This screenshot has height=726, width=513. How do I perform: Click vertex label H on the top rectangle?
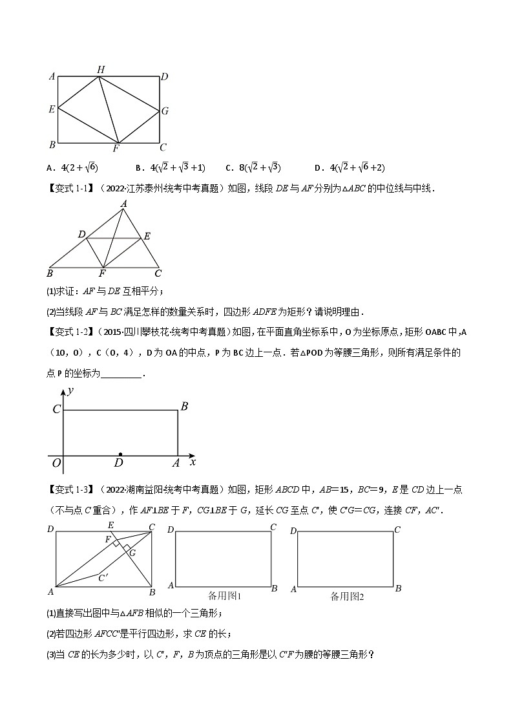click(x=101, y=70)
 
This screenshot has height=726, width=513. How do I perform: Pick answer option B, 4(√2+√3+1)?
click(x=171, y=168)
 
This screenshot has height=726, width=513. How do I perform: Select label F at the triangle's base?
click(x=103, y=274)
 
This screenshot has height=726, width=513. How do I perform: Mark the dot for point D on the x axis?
click(x=120, y=454)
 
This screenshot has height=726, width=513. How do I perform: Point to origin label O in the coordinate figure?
click(x=56, y=463)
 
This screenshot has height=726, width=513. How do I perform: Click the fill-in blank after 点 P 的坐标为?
click(x=121, y=374)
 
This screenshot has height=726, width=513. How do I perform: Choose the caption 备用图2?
click(x=348, y=596)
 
